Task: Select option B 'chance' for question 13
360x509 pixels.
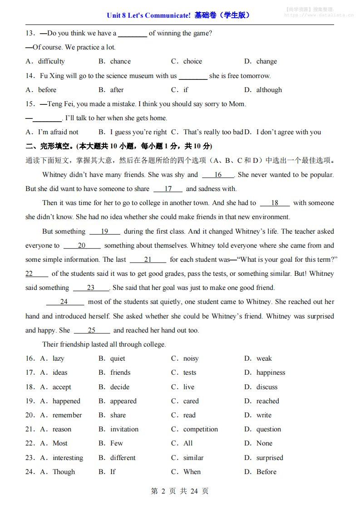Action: [120, 61]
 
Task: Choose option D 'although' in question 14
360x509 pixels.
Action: [269, 90]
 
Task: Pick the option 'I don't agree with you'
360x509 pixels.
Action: [288, 132]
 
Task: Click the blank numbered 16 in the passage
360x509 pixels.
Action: [218, 175]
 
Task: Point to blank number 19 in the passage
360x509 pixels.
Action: [104, 231]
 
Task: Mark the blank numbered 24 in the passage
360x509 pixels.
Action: [64, 302]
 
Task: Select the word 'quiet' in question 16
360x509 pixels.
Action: [118, 358]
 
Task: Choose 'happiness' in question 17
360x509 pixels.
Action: [271, 372]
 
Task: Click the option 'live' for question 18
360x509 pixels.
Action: [188, 387]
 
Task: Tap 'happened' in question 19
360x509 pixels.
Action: [66, 401]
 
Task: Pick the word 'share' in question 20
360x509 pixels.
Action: [118, 415]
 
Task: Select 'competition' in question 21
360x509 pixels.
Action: [200, 429]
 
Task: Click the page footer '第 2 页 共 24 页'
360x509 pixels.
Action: [179, 491]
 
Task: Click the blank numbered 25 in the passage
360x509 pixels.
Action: [92, 330]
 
